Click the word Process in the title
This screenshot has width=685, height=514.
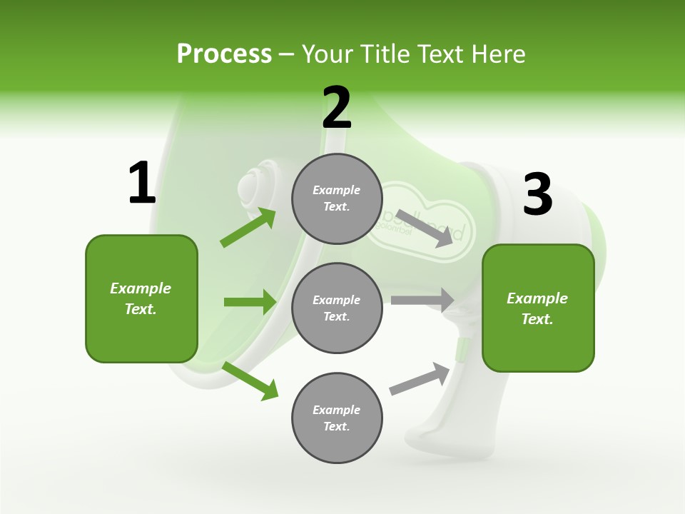click(x=224, y=54)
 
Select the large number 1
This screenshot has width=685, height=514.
click(x=142, y=183)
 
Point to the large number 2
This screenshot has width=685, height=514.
click(x=337, y=108)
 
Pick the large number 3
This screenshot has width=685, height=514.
click(x=537, y=195)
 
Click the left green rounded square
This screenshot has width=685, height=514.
click(x=141, y=298)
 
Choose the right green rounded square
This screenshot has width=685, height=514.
click(x=538, y=308)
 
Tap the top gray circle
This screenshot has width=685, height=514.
click(x=337, y=198)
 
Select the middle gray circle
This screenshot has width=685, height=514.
click(x=337, y=308)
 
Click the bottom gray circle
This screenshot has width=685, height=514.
click(x=337, y=418)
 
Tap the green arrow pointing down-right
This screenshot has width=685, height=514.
click(x=250, y=381)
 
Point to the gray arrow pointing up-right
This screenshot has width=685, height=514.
click(x=420, y=379)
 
